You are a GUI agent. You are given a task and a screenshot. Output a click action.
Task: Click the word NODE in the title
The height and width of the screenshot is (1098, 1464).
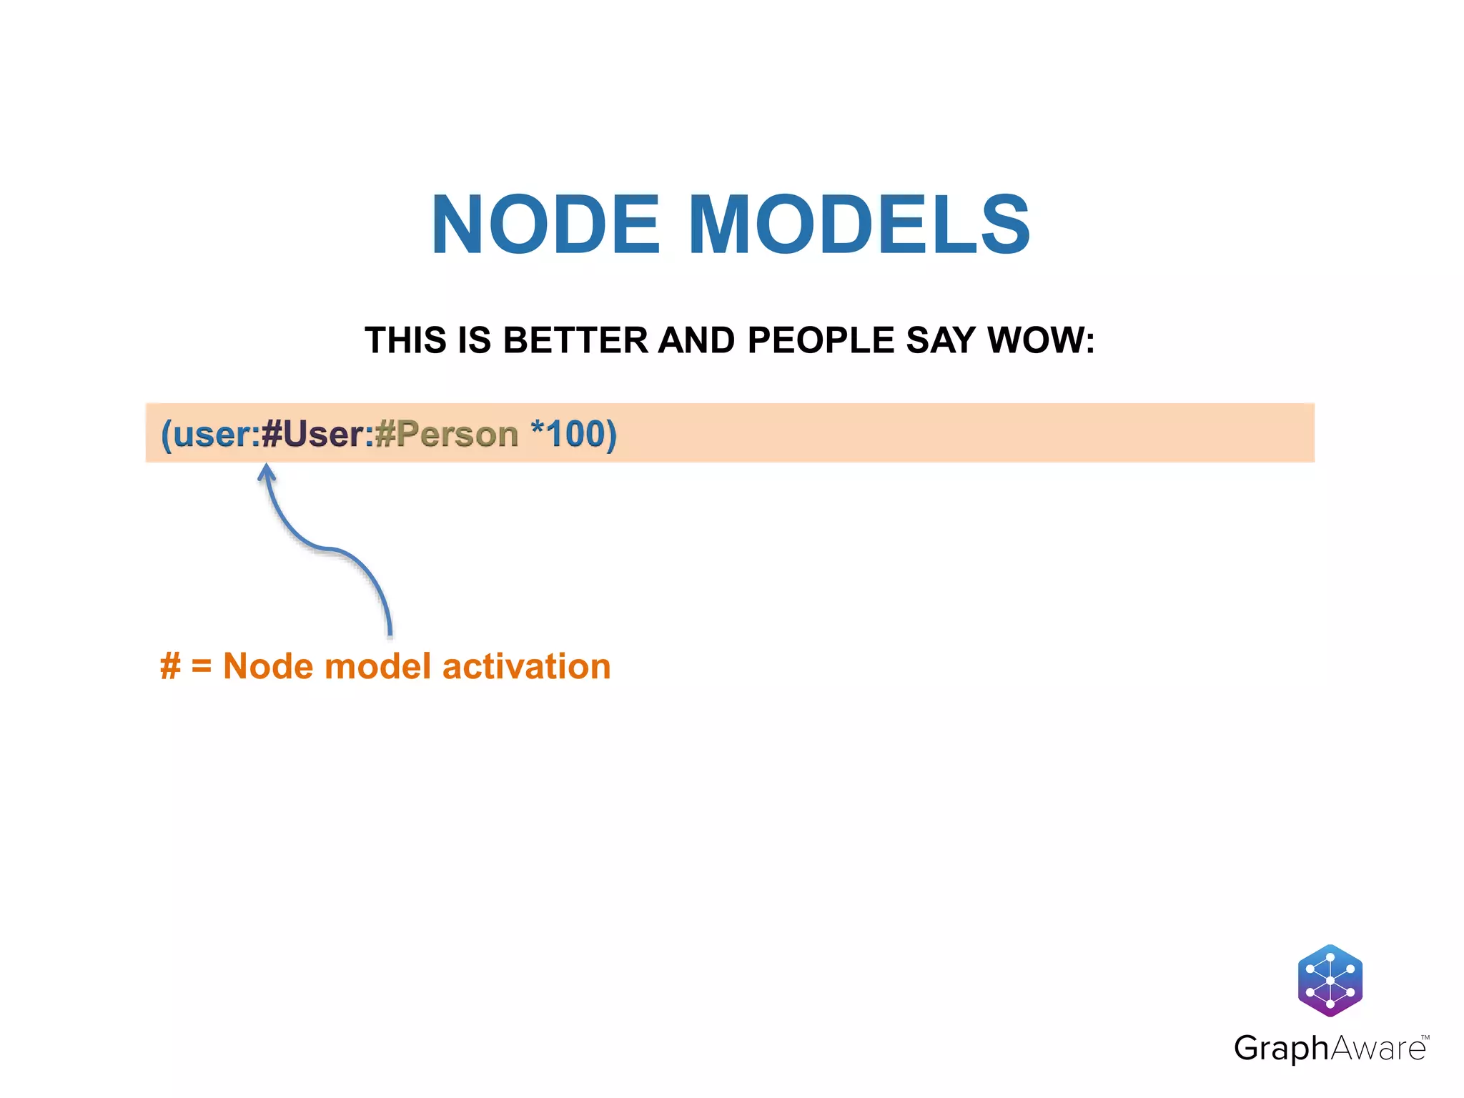(545, 225)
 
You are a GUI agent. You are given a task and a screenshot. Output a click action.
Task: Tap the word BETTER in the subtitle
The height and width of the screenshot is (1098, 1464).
(575, 340)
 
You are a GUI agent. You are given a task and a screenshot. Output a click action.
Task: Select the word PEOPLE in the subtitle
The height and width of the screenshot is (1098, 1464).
(821, 340)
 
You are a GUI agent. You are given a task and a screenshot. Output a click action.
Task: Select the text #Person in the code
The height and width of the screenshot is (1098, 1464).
(446, 434)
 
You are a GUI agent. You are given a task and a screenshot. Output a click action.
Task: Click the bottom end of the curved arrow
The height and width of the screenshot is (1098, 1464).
(390, 633)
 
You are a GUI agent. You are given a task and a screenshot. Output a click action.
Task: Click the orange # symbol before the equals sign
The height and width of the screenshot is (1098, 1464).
(170, 666)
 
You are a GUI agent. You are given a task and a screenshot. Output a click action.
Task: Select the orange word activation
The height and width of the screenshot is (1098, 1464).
(526, 666)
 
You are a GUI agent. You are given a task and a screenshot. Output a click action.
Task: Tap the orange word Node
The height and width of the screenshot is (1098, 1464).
(268, 666)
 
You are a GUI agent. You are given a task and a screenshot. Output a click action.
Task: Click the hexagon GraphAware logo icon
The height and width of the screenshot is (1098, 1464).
(1330, 980)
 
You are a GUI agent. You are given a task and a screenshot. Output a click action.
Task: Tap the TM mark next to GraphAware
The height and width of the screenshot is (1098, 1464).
(1425, 1037)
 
